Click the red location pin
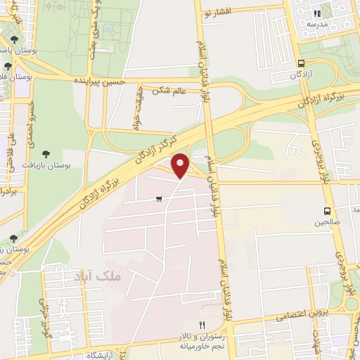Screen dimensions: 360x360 (x=181, y=165)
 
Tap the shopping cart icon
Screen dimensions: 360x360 (x=160, y=198)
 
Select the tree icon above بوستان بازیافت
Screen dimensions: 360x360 (x=46, y=153)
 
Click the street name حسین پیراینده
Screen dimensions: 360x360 (x=103, y=82)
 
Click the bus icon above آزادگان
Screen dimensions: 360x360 (x=301, y=63)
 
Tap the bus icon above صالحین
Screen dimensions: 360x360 (x=327, y=210)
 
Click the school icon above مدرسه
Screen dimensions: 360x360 (x=317, y=13)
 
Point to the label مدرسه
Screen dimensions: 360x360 (x=316, y=23)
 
